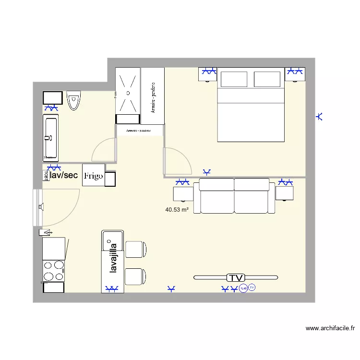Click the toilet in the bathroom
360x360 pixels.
73,100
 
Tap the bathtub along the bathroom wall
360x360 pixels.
50,137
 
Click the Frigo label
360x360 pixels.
93,176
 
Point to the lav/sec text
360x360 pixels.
64,175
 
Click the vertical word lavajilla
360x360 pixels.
114,259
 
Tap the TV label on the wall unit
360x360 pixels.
236,277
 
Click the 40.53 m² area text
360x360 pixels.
177,210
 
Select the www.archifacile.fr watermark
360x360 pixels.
330,328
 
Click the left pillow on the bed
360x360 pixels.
234,79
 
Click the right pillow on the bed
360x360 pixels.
266,79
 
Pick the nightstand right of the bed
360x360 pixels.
295,74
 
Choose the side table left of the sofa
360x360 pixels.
182,193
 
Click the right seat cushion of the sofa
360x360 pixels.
252,195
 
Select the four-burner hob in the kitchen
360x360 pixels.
53,271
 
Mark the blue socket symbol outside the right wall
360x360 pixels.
320,116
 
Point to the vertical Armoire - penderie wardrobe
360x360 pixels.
153,96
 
